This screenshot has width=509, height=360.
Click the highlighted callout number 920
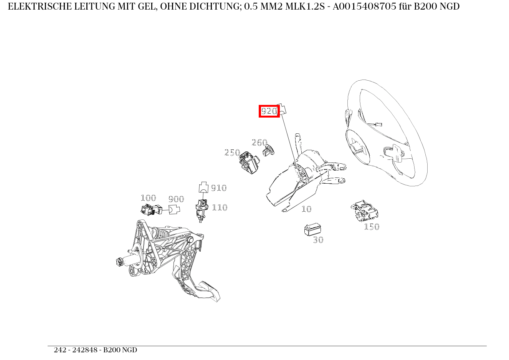point(269,111)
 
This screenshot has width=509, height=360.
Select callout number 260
point(259,143)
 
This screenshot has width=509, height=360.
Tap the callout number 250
point(232,153)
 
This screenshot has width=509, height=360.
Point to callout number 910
point(219,188)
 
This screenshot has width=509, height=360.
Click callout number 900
point(176,199)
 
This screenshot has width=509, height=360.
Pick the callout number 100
point(149,198)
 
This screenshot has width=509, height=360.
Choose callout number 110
point(220,207)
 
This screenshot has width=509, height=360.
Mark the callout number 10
point(307,209)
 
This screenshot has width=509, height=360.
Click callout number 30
point(318,240)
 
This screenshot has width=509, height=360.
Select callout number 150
point(372,227)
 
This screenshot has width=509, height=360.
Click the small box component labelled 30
point(312,229)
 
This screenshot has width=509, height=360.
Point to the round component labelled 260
point(268,151)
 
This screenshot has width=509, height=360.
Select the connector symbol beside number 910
point(203,187)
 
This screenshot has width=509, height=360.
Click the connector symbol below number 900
point(174,209)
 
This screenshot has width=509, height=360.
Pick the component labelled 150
point(365,211)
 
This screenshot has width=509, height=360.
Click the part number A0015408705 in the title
point(365,7)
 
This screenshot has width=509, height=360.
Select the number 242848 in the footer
point(85,350)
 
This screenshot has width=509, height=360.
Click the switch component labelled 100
point(151,210)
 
